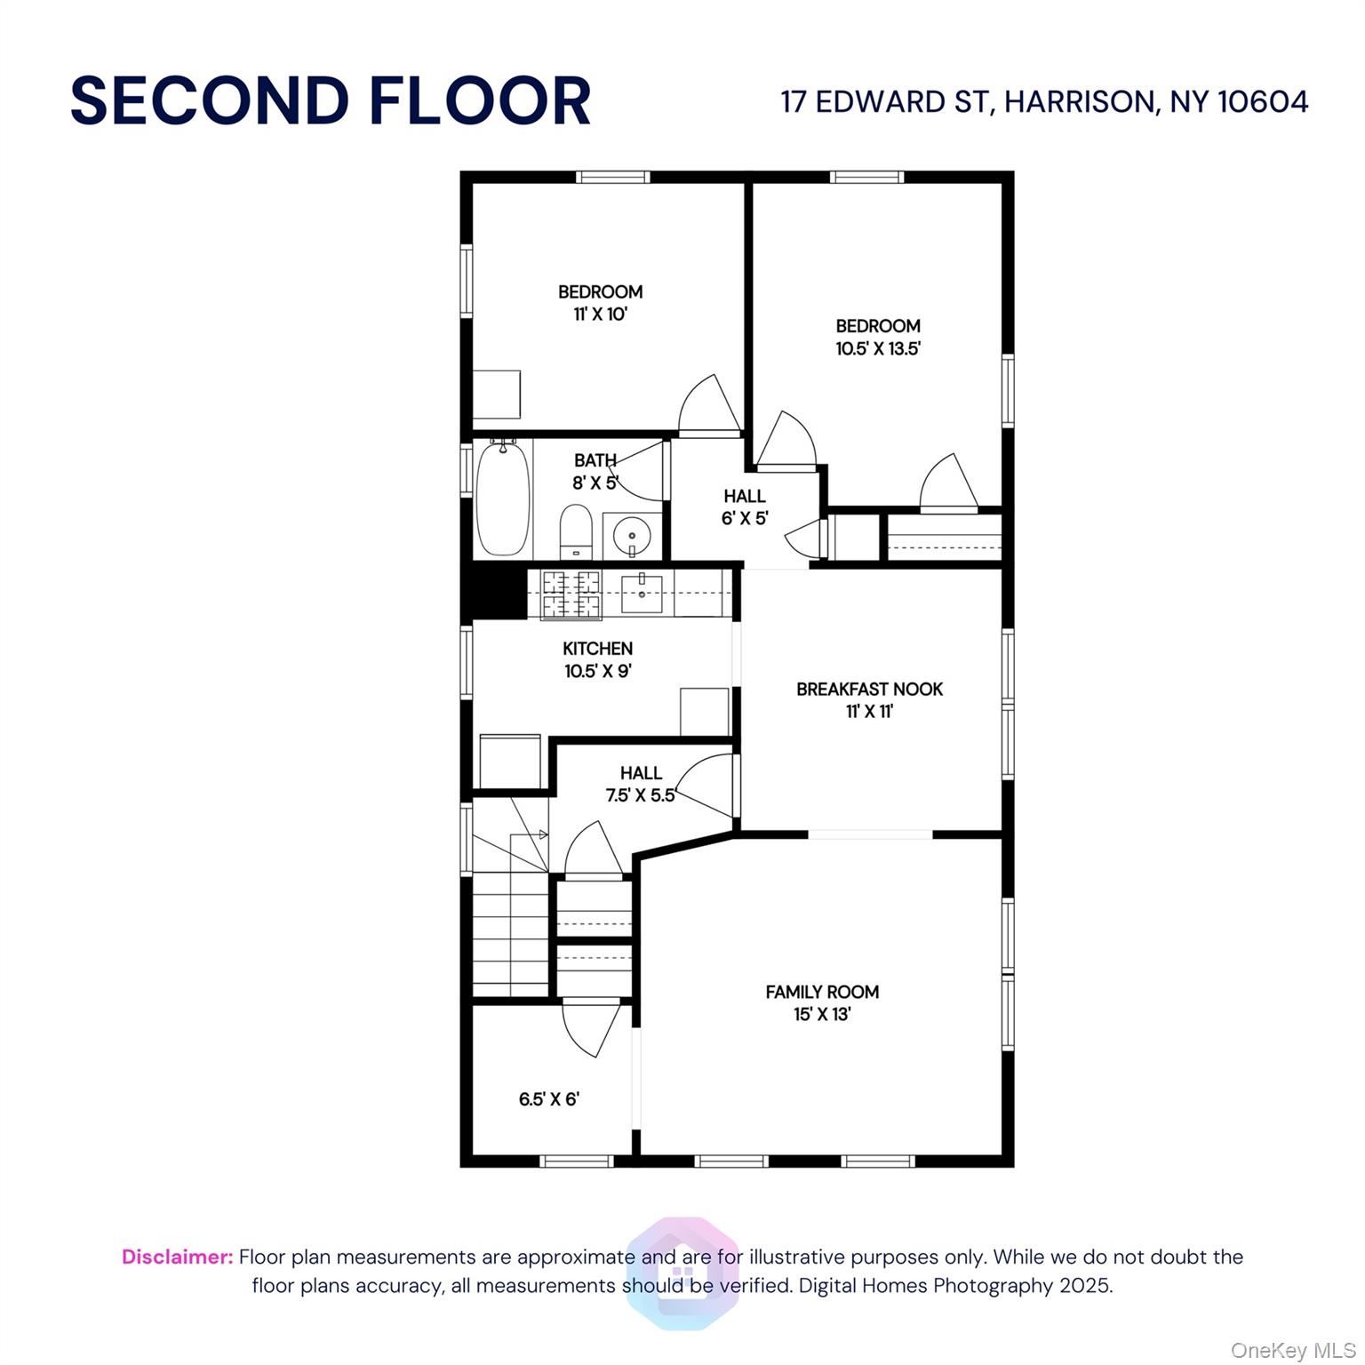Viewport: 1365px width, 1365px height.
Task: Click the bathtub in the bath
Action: coord(503,499)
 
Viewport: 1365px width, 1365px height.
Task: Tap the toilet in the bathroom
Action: coord(576,530)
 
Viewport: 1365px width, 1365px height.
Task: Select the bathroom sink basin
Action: coord(632,536)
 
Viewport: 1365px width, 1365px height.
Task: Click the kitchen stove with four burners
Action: coord(571,595)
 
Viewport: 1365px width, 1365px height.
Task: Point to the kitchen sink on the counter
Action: coord(642,593)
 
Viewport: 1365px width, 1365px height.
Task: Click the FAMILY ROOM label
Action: coord(822,992)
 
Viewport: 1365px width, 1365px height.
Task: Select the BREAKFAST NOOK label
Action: coord(869,689)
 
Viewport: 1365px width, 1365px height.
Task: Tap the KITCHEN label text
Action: coord(597,649)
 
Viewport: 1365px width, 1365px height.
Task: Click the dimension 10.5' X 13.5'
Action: coord(877,348)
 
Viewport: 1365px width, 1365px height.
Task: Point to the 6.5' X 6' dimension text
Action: coord(548,1099)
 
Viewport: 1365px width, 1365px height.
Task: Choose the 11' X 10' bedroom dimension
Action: coord(600,314)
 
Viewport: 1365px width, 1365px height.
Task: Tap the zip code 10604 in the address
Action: coord(1262,101)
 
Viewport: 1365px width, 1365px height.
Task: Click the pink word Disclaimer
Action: coord(177,1257)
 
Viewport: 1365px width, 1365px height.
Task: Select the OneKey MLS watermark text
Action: coord(1293,1351)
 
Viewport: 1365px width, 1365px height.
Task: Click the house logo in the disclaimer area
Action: coord(682,1273)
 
